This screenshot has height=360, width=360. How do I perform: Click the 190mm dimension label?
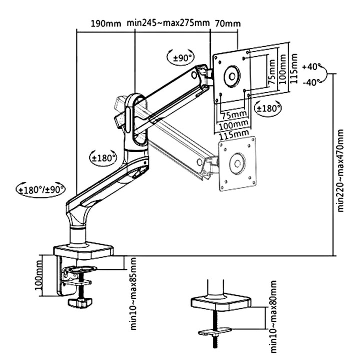point(106,23)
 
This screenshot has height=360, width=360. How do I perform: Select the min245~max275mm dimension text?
point(168,23)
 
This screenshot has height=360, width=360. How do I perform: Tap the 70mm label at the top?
point(227,23)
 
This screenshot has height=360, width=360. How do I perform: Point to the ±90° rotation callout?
point(181,58)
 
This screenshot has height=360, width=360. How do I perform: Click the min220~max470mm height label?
point(341,170)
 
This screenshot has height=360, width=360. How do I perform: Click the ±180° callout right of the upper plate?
point(268,107)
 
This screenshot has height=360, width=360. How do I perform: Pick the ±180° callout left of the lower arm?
point(102,157)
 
